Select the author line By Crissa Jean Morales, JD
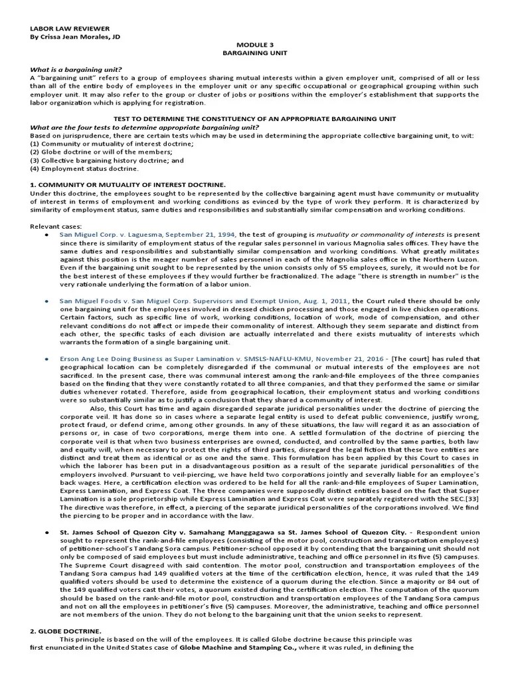pos(75,37)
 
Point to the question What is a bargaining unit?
pos(75,69)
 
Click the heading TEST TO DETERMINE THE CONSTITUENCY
pos(254,118)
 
